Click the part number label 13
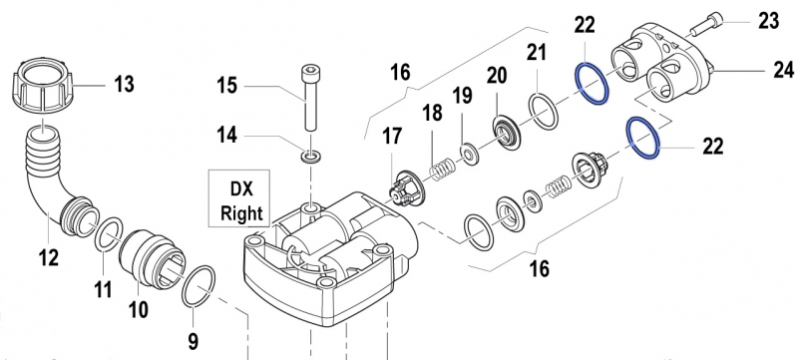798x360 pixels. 124,84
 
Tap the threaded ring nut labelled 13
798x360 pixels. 42,88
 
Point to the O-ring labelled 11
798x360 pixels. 109,233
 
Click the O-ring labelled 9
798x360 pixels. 199,286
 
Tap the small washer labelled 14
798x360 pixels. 310,157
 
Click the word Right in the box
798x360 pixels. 241,213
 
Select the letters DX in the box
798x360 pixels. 241,188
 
